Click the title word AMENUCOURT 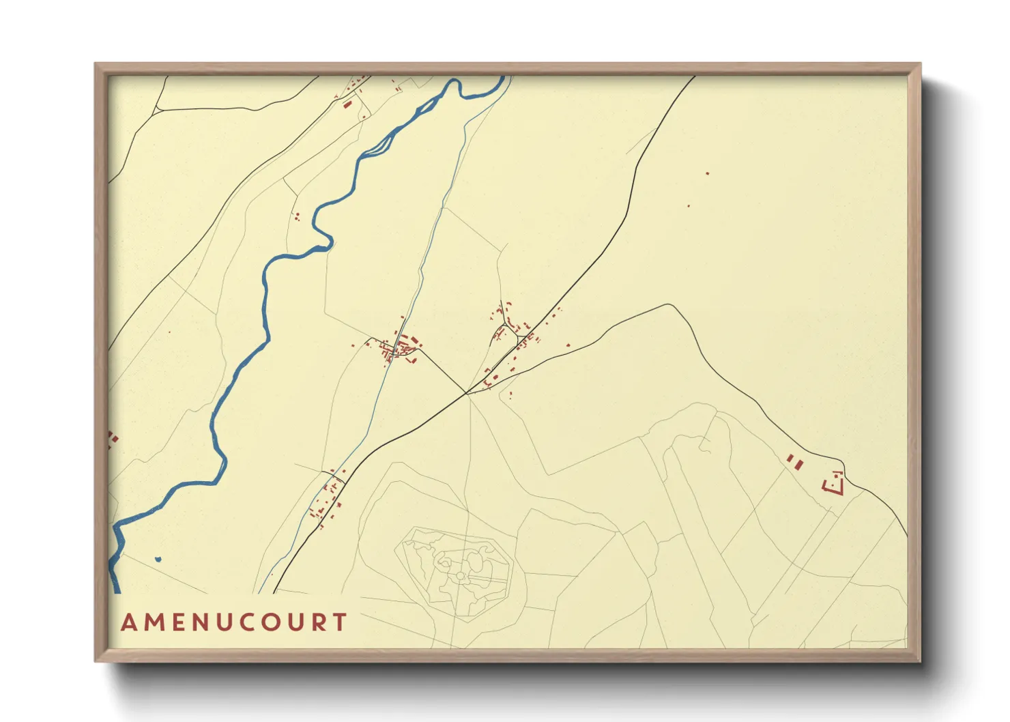[234, 622]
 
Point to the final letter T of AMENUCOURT [340, 622]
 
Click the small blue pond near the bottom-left [158, 560]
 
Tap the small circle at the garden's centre [461, 576]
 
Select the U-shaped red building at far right [835, 483]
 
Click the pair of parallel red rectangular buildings [794, 461]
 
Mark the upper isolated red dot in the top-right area [708, 173]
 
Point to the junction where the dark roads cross [467, 393]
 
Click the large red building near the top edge [347, 104]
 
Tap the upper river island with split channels [380, 145]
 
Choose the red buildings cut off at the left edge [113, 437]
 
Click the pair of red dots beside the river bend [297, 217]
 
